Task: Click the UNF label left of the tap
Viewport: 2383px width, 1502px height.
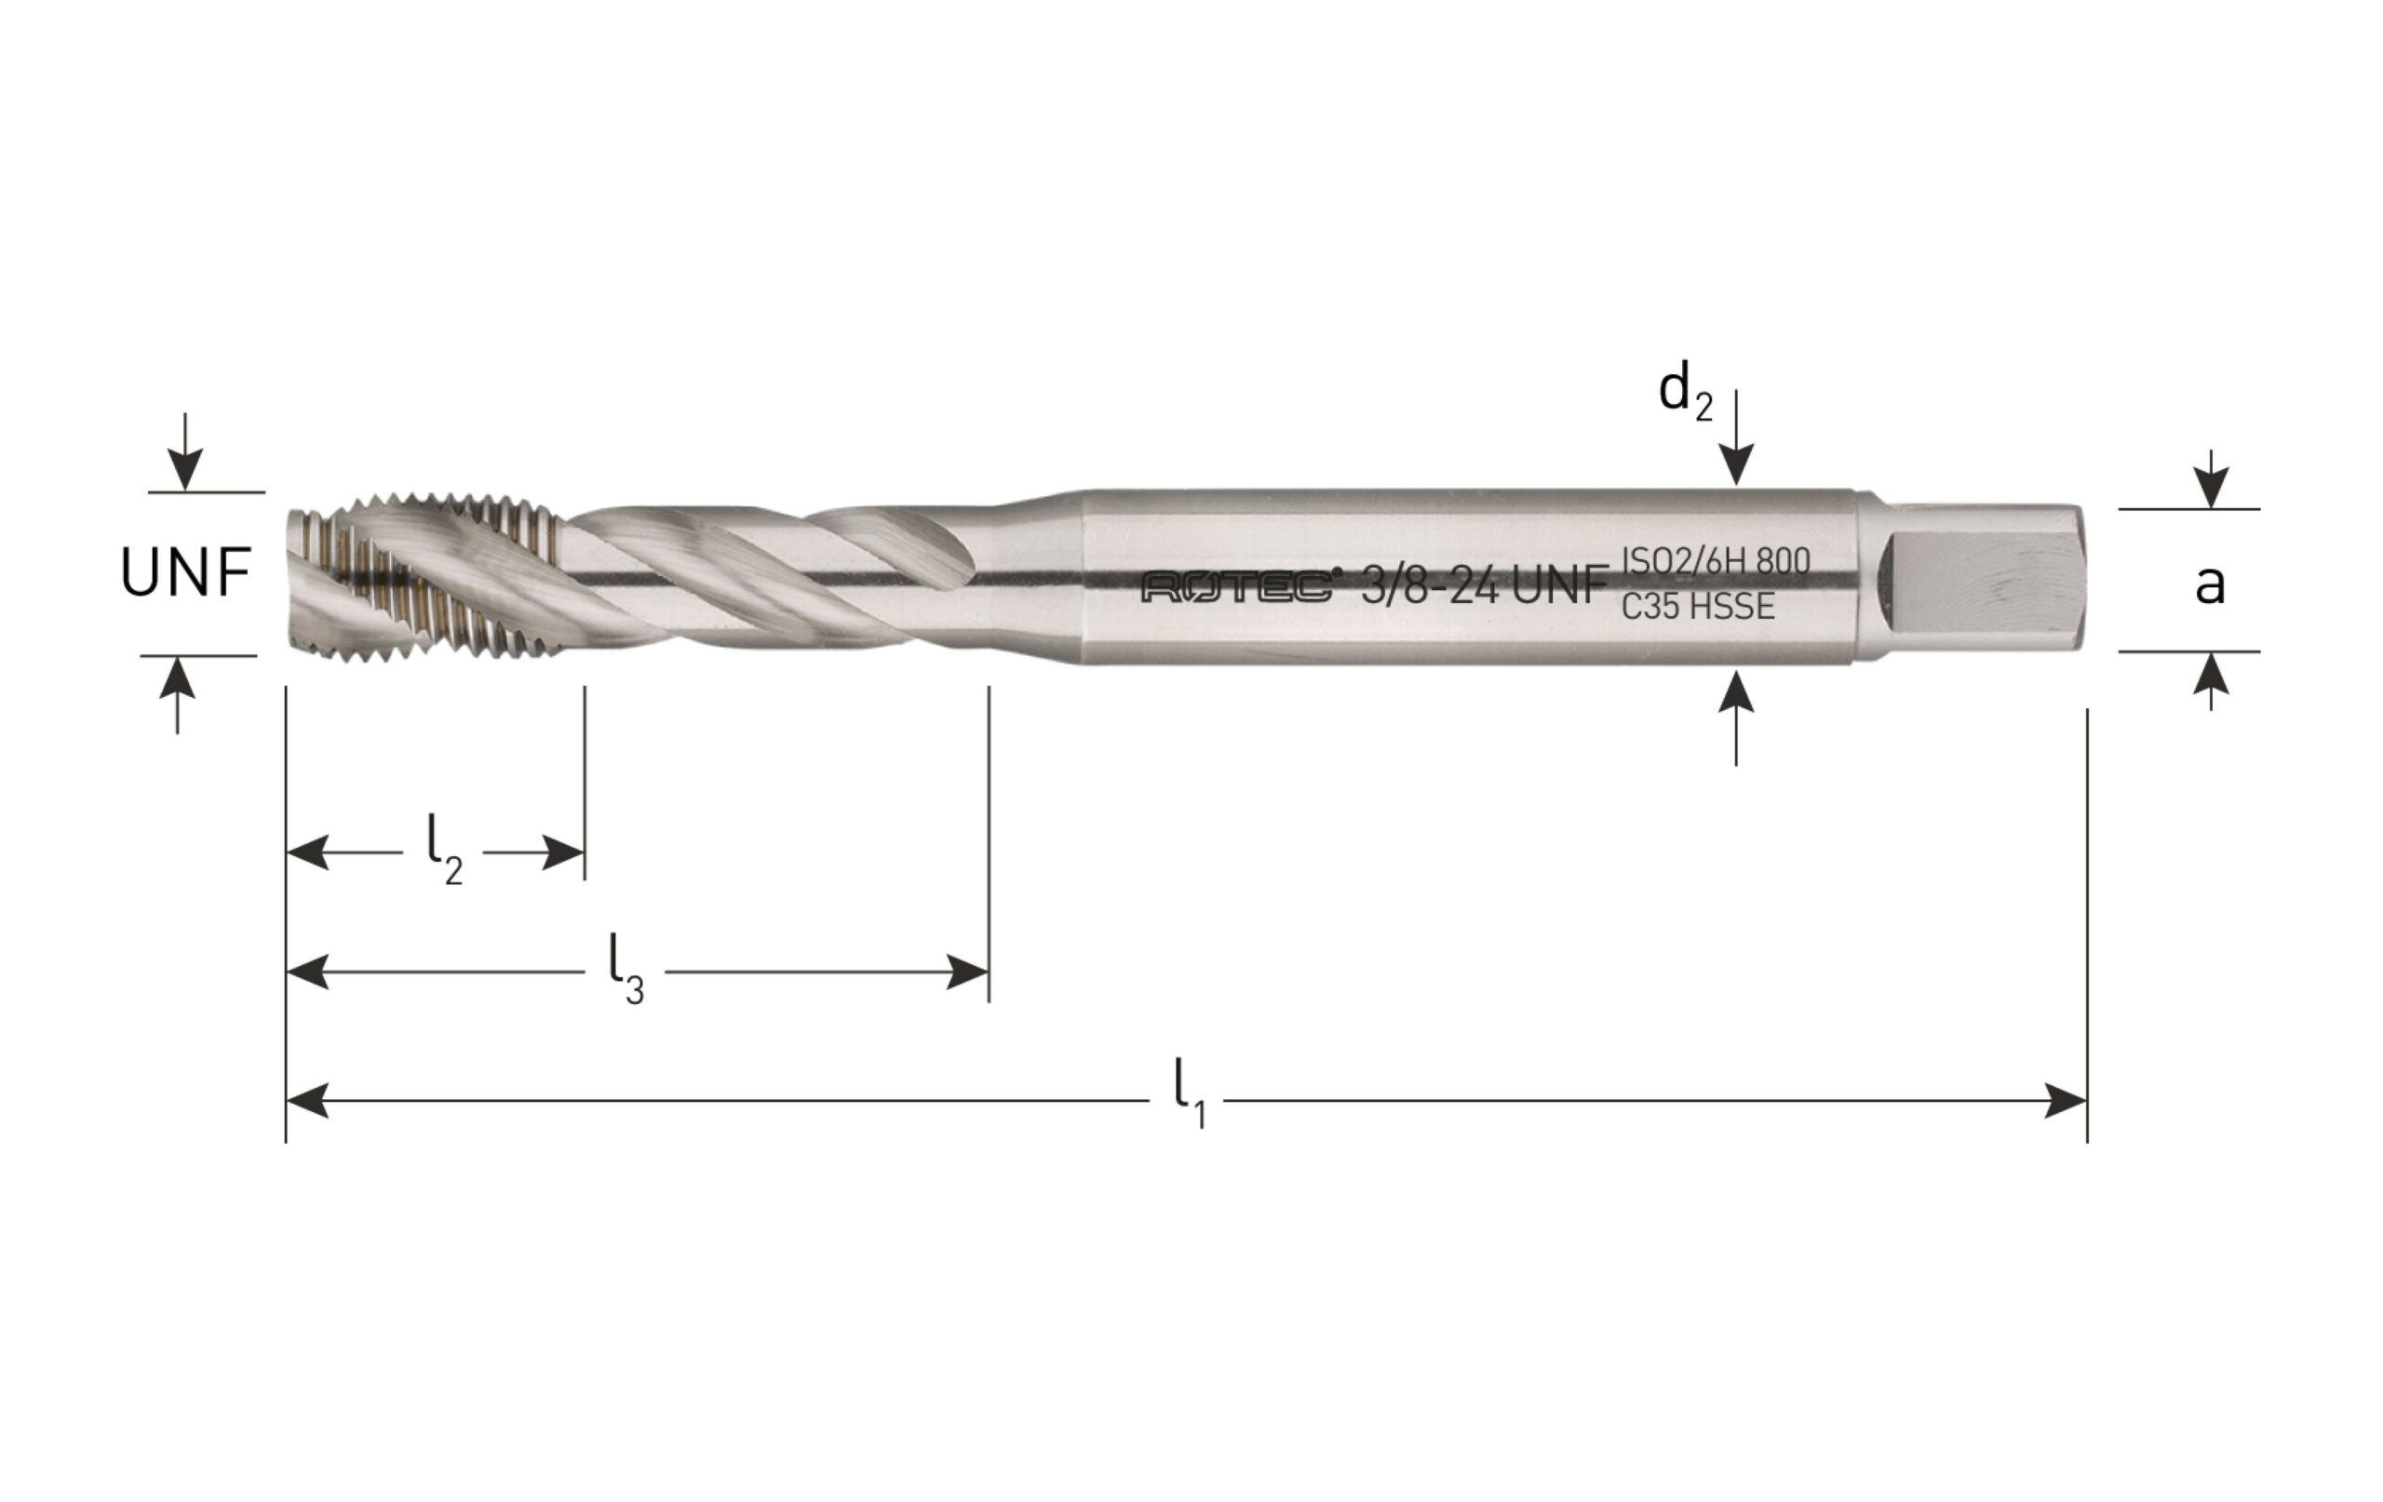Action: click(185, 573)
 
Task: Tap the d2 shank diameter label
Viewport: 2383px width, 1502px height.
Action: click(1685, 392)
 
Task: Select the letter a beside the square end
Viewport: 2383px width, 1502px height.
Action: click(2210, 583)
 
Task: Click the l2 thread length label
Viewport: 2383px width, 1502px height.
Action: click(444, 852)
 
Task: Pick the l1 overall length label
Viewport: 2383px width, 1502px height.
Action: click(1190, 1093)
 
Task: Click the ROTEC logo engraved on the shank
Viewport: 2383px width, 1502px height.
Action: click(1237, 587)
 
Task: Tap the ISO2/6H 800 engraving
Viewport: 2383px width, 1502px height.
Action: click(1715, 561)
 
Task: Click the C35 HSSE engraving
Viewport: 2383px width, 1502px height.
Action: click(1697, 607)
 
